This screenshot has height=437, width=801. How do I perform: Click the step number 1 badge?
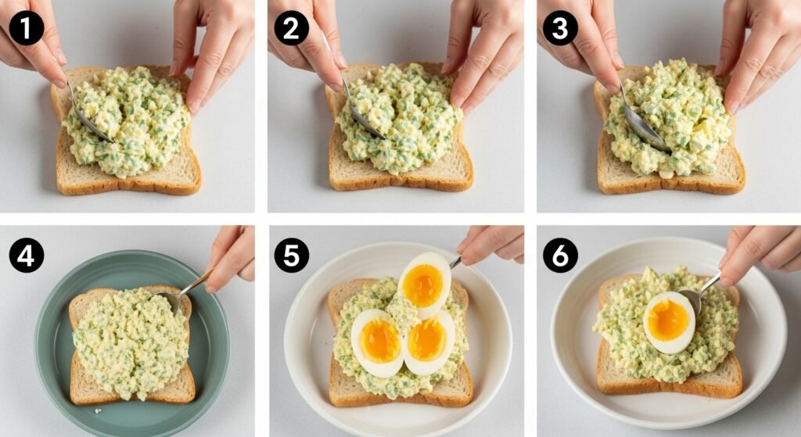[26, 28]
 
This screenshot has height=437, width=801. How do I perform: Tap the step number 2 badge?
[291, 28]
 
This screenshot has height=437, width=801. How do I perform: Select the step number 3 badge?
[560, 28]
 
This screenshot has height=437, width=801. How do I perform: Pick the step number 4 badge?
[26, 255]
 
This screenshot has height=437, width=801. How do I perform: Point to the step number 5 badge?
[291, 255]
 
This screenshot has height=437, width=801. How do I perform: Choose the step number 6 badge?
[560, 255]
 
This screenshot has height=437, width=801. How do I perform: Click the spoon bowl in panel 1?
[92, 125]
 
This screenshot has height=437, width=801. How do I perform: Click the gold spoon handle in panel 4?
[196, 282]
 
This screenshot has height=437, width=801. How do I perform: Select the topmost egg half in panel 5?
[425, 283]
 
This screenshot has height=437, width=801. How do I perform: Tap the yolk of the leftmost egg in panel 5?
[379, 341]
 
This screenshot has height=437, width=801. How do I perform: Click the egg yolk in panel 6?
[668, 320]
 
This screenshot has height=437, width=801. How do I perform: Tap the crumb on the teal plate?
[97, 410]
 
